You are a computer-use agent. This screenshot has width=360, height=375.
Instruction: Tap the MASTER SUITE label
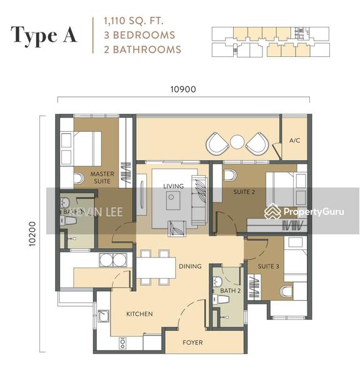[x=101, y=177]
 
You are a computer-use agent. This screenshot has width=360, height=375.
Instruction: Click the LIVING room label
[x=173, y=186]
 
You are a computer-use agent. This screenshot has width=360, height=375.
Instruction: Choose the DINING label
[x=190, y=266]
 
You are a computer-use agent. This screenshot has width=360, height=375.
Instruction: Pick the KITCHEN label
[x=139, y=314]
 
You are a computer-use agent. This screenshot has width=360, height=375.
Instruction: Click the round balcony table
[x=237, y=142]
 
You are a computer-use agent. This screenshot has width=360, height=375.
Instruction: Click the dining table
[x=155, y=268]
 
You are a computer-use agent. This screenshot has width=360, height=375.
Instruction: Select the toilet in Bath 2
[x=222, y=301]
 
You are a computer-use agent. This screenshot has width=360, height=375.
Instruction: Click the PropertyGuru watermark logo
[x=304, y=212]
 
